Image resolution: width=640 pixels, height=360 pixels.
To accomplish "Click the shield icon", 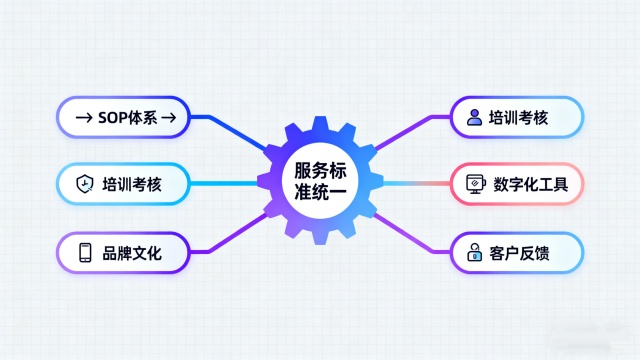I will click(x=85, y=184).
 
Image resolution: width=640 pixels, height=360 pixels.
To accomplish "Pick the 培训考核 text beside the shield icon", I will click(x=132, y=184).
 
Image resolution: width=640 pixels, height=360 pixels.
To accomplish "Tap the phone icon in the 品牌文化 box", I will click(x=85, y=250).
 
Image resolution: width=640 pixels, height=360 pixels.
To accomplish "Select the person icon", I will click(x=474, y=118).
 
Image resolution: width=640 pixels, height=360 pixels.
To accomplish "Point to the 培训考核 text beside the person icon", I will click(x=520, y=118).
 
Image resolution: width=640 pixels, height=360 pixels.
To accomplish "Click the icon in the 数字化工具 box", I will click(x=474, y=184).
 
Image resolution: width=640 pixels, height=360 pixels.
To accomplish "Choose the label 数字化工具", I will click(x=531, y=184).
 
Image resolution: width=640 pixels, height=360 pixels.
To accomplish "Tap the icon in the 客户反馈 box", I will click(x=474, y=250).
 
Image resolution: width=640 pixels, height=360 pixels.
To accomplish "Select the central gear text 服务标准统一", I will click(x=321, y=181).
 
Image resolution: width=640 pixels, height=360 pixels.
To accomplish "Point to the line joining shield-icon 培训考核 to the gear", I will click(x=225, y=184).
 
